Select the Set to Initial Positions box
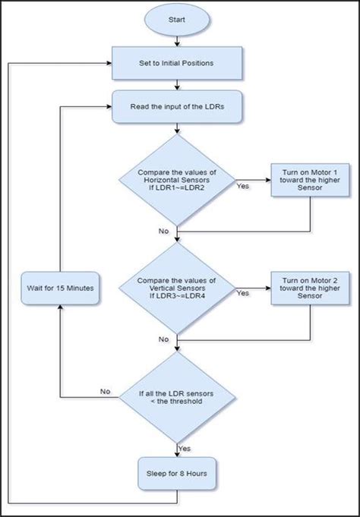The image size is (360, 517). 177,63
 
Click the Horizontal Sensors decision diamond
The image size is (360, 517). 177,180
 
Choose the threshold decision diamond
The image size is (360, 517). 177,397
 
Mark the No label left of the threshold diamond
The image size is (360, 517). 106,392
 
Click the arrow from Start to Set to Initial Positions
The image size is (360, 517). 177,39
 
